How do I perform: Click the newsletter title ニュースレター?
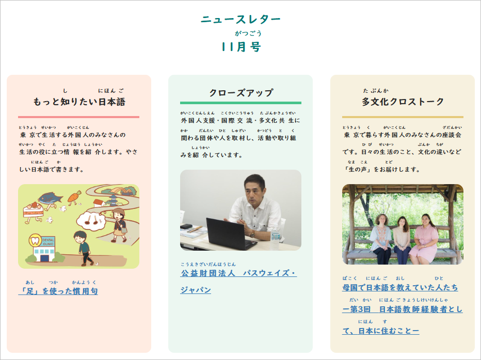pos(241,20)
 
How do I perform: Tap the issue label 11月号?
pos(241,47)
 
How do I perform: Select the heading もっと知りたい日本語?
pos(79,102)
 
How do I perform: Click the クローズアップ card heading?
pos(241,93)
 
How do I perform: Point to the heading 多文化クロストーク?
pos(403,102)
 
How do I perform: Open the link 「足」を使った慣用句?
pos(58,291)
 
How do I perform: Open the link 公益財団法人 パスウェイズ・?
pos(238,273)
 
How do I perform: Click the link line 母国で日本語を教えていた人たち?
pos(400,287)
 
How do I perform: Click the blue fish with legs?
pos(51,197)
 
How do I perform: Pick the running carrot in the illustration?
pos(74,197)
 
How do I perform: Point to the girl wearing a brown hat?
pos(119,222)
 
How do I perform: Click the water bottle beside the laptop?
pos(275,235)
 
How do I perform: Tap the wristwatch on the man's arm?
pos(252,234)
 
